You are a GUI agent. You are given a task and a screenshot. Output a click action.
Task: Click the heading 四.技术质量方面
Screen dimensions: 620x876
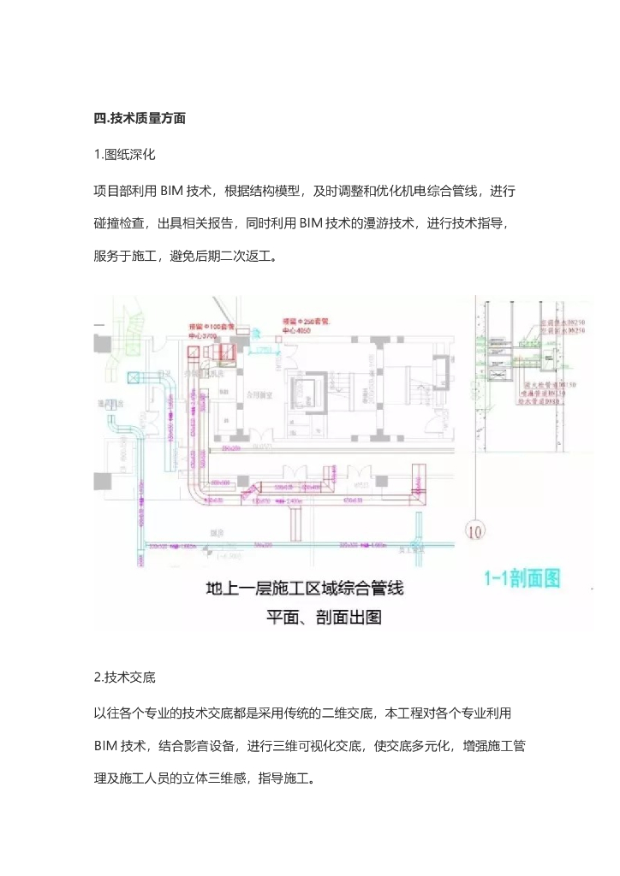click(140, 119)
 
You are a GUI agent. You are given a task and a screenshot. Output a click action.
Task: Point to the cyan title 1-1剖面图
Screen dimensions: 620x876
click(523, 578)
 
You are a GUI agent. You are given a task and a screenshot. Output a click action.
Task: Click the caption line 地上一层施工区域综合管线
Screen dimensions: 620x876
click(305, 589)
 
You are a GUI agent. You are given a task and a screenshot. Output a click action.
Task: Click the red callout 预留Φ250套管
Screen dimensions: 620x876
click(305, 321)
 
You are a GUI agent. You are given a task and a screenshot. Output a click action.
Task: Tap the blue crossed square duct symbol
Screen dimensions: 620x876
click(134, 376)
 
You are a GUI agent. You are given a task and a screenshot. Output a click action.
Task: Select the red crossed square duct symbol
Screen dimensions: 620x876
click(229, 352)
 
